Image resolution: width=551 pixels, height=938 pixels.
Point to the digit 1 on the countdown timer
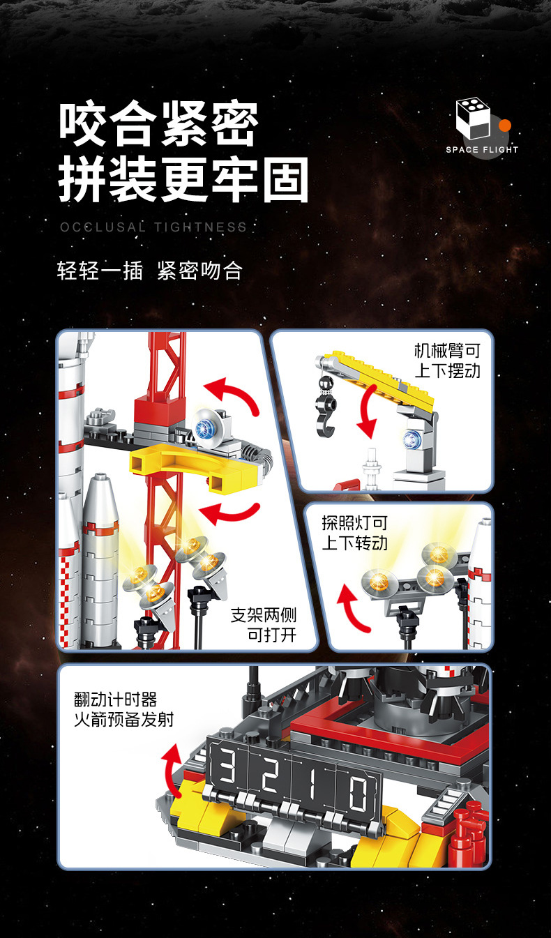312,783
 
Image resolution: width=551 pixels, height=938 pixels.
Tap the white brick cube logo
473,118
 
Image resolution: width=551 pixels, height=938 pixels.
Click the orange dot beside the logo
505,126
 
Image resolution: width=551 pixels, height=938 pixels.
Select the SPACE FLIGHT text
482,149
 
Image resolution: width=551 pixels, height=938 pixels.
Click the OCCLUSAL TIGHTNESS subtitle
153,227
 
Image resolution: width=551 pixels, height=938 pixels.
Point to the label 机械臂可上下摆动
447,361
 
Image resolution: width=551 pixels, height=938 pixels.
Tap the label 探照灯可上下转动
354,533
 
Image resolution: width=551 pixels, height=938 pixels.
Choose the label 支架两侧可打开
264,625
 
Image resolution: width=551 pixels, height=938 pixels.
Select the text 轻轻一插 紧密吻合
150,271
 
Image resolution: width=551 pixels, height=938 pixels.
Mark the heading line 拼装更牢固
183,180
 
